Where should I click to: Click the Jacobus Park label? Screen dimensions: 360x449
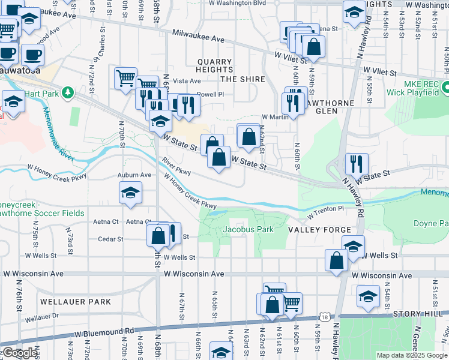pyautogui.click(x=248, y=229)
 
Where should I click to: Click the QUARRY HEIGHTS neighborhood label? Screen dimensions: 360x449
pyautogui.click(x=214, y=66)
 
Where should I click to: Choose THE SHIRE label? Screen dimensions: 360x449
pyautogui.click(x=243, y=79)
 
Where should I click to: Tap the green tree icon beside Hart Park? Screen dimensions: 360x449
pyautogui.click(x=68, y=92)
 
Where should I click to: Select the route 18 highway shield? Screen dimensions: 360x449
pyautogui.click(x=325, y=316)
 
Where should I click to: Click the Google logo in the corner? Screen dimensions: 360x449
pyautogui.click(x=20, y=353)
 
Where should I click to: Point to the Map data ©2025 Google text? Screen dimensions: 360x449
pyautogui.click(x=412, y=355)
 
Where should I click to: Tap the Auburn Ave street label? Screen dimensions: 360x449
pyautogui.click(x=134, y=175)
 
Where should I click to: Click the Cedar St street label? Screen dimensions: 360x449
pyautogui.click(x=111, y=239)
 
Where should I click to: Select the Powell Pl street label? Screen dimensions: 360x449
pyautogui.click(x=210, y=94)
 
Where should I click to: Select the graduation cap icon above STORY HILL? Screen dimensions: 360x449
pyautogui.click(x=368, y=295)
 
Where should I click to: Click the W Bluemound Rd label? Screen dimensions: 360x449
pyautogui.click(x=104, y=331)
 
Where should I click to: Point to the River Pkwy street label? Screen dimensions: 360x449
pyautogui.click(x=175, y=167)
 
